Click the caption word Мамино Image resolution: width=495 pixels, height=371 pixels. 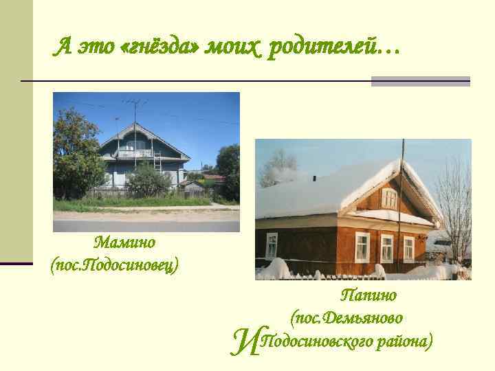click(124, 242)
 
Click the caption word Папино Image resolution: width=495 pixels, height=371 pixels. click(368, 295)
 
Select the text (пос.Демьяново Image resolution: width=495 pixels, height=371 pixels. click(348, 318)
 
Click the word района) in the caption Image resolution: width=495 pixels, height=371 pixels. click(406, 341)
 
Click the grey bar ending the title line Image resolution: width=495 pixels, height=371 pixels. click(420, 81)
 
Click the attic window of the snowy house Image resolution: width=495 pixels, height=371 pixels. click(390, 199)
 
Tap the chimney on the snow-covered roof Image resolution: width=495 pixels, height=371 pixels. click(314, 177)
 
